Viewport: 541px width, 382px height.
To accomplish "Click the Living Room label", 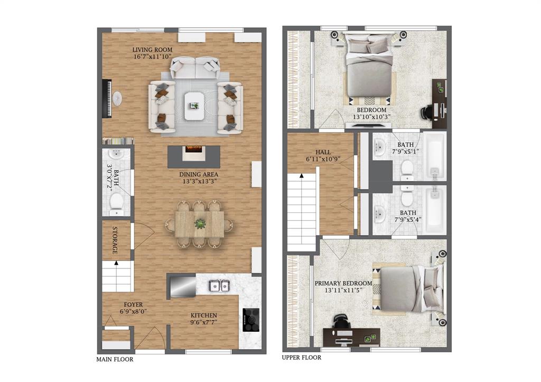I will coord(153,50).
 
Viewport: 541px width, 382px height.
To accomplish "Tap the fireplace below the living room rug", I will coord(193,150).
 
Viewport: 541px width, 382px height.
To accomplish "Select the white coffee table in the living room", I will coord(194,106).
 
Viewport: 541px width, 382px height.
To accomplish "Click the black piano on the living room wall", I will coord(109,99).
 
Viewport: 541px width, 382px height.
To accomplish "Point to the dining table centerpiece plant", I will coord(200,224).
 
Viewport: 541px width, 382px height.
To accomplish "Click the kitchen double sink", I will coord(219,286).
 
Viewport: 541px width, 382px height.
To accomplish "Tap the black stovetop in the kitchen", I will coord(251,320).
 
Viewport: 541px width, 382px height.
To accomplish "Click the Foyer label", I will coord(132,304).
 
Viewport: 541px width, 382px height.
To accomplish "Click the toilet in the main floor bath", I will coord(116,201).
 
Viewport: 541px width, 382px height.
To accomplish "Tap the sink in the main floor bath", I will coord(116,154).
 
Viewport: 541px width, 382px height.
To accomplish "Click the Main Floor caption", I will coord(115,360).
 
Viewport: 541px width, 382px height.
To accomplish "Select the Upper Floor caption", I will coord(302,358).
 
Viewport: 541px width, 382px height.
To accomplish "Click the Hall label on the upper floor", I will coord(322,152).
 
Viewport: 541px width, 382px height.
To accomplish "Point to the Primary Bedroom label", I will coord(343,283).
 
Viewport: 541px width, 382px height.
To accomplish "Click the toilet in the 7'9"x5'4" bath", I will coord(407,198).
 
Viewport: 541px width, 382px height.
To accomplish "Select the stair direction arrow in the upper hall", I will coord(301,175).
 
